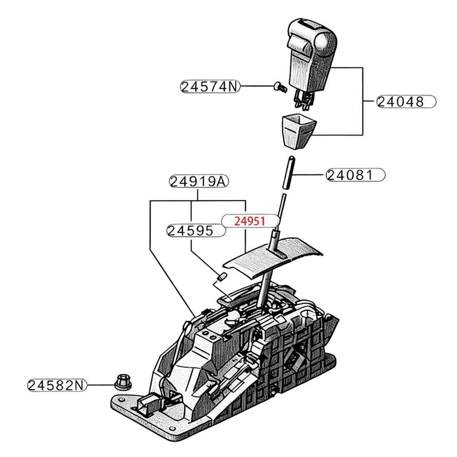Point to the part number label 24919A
pyautogui.click(x=199, y=182)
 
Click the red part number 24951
pyautogui.click(x=250, y=221)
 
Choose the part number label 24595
pyautogui.click(x=196, y=231)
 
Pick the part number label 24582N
pyautogui.click(x=57, y=385)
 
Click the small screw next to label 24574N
pyautogui.click(x=280, y=87)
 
